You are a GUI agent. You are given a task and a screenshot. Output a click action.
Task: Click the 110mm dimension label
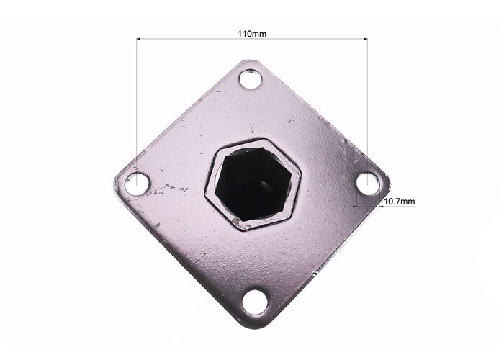click(x=252, y=33)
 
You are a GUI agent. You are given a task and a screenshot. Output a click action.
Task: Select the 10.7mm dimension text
click(x=399, y=202)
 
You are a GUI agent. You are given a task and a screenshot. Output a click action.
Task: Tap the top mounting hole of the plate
click(x=251, y=79)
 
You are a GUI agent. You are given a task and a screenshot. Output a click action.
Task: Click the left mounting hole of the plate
click(x=137, y=184)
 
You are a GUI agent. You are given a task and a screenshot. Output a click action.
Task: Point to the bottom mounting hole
click(x=254, y=303)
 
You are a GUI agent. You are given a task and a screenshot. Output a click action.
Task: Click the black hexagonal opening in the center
click(x=253, y=184)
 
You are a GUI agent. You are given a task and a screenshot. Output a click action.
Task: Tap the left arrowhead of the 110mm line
click(x=138, y=39)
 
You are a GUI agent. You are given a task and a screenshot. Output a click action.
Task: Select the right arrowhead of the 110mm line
click(x=366, y=39)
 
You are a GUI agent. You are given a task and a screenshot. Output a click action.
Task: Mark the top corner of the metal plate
click(x=248, y=60)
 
